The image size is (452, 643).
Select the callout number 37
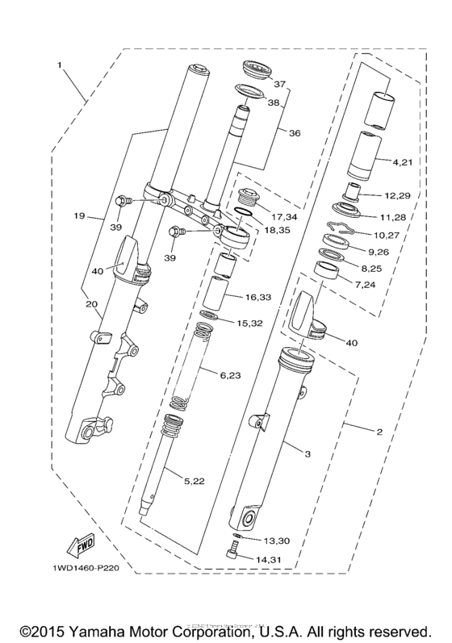pyautogui.click(x=279, y=84)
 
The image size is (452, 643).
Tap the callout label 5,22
pyautogui.click(x=195, y=482)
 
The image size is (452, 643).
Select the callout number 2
pyautogui.click(x=379, y=431)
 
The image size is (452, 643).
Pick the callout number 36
pyautogui.click(x=295, y=133)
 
